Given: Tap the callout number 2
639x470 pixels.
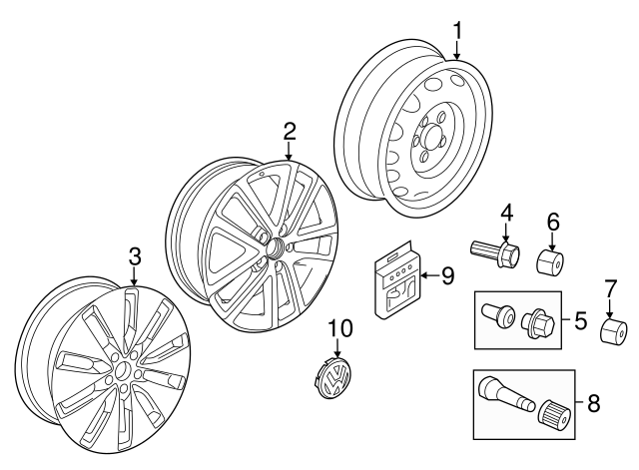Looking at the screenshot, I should [x=289, y=131].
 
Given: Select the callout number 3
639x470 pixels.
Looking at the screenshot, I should [x=135, y=256].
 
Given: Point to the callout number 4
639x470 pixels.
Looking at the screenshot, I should [x=506, y=213].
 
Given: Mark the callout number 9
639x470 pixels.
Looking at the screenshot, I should [x=448, y=275].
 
